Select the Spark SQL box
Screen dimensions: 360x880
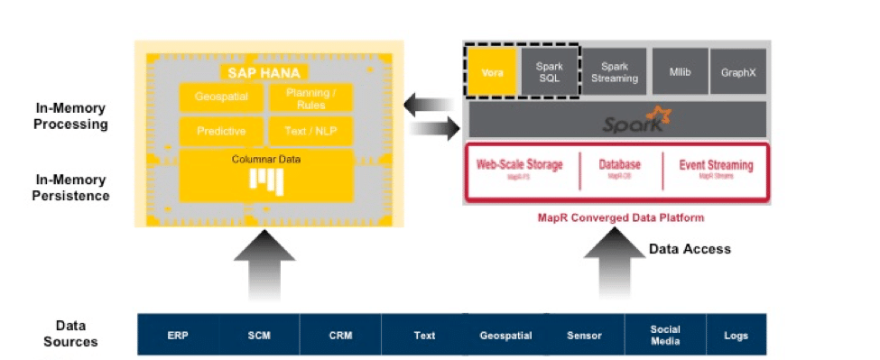[549, 71]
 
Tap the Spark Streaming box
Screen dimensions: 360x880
[614, 71]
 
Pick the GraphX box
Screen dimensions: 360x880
[737, 71]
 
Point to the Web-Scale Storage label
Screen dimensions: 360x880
[519, 165]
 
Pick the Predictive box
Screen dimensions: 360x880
[221, 131]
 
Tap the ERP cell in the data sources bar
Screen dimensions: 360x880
[178, 335]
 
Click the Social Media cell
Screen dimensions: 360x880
[664, 335]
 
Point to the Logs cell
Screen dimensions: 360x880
[736, 335]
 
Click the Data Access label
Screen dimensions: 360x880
[690, 248]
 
